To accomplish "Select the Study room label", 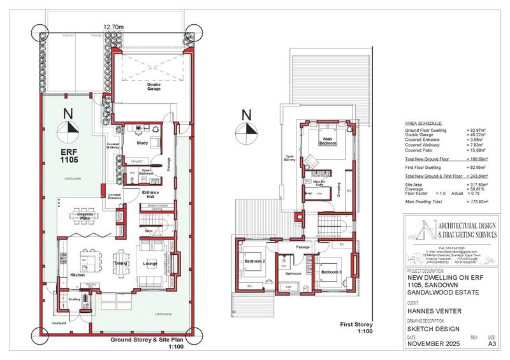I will (142, 143).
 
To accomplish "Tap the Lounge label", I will (151, 263).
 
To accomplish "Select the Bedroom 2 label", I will (254, 261).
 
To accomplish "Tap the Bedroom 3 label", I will (331, 272).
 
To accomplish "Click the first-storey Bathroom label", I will (293, 274).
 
